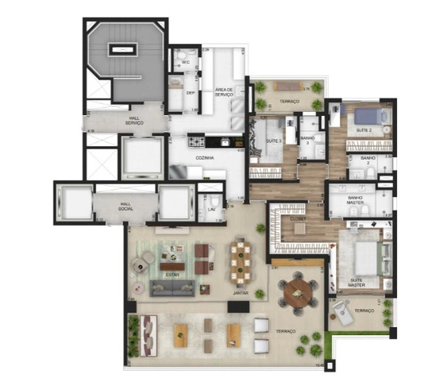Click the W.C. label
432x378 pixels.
coord(183,62)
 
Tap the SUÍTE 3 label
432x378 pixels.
coord(274,141)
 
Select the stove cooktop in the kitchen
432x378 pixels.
coord(197,142)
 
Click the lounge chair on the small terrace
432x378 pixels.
coord(344,307)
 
